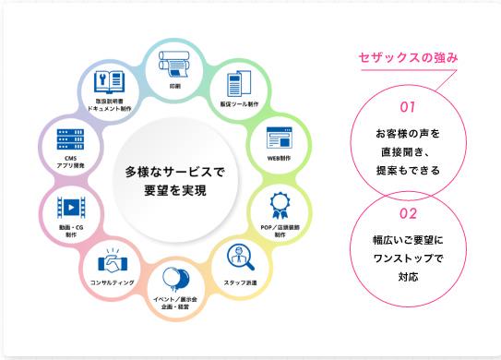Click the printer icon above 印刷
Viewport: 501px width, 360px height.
click(174, 62)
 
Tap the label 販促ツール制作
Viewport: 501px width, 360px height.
click(240, 104)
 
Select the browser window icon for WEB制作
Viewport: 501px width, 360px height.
click(279, 139)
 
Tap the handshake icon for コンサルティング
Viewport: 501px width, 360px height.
click(113, 260)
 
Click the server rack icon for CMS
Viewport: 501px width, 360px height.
click(70, 139)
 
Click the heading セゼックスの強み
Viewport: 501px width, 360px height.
click(408, 59)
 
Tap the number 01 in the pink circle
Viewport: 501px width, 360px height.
click(408, 104)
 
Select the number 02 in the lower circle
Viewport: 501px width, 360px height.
click(408, 213)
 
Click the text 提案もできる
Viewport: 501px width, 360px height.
click(408, 170)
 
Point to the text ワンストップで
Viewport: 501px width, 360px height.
click(408, 258)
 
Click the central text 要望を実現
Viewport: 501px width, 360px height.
click(174, 191)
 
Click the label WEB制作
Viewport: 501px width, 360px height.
click(279, 158)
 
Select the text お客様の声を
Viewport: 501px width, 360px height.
click(408, 133)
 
